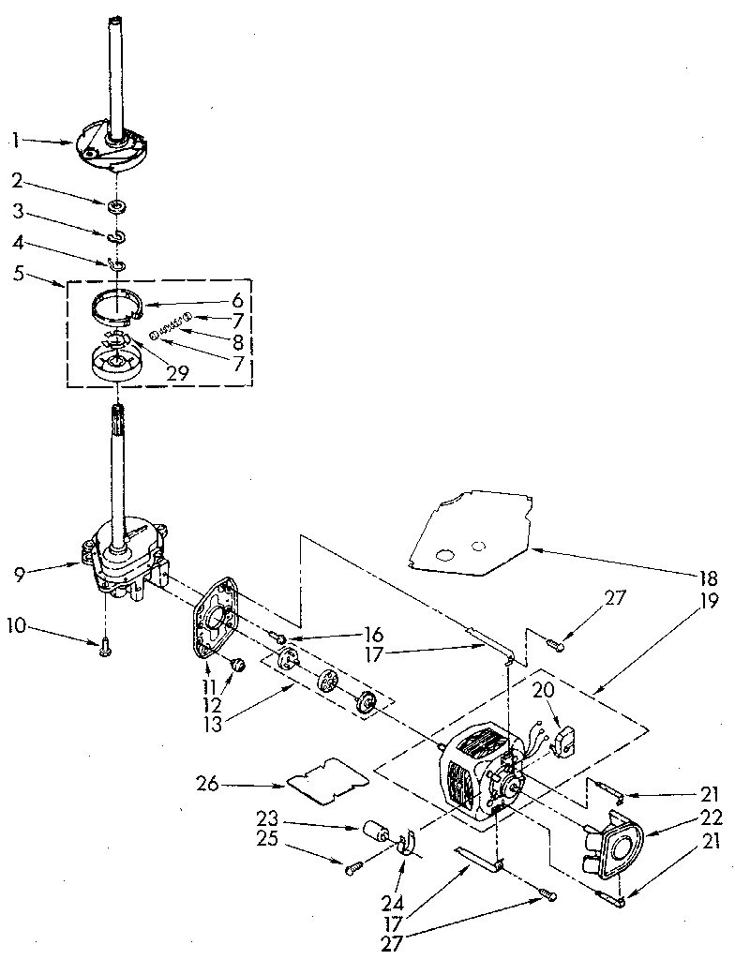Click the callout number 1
[x=16, y=141]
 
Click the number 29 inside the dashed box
[x=176, y=371]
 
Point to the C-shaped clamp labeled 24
[x=407, y=846]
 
